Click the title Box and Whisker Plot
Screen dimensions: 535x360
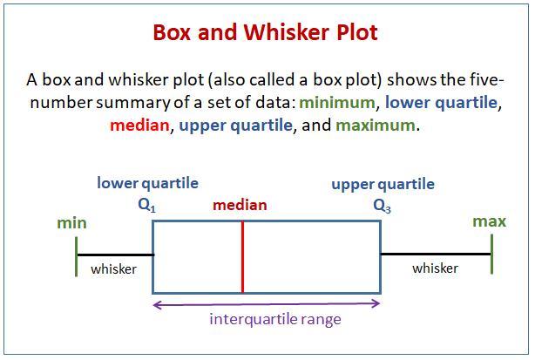(x=265, y=32)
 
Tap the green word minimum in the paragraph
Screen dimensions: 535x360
(x=336, y=102)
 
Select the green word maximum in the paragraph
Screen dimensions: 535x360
(x=376, y=126)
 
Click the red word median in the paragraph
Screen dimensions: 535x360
(x=139, y=126)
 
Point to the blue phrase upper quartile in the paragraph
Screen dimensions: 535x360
(x=236, y=126)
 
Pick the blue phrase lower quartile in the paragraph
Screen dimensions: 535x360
(x=441, y=103)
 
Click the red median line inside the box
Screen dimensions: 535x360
(x=242, y=257)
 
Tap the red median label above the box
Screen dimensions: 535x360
(x=240, y=205)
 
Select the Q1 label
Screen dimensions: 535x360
(x=146, y=206)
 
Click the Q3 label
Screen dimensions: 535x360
(x=383, y=206)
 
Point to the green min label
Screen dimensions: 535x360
(x=71, y=223)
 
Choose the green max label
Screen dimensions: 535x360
(x=489, y=221)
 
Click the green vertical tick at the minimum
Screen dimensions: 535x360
(x=76, y=256)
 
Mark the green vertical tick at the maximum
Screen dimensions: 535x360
(x=491, y=255)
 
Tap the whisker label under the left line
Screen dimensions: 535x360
(x=113, y=269)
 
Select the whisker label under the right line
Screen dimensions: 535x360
(x=435, y=268)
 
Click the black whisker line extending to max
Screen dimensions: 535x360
(x=436, y=254)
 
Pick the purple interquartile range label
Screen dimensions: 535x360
(x=275, y=319)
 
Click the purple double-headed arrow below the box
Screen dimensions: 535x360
(x=267, y=304)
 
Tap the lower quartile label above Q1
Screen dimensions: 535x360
(x=148, y=183)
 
